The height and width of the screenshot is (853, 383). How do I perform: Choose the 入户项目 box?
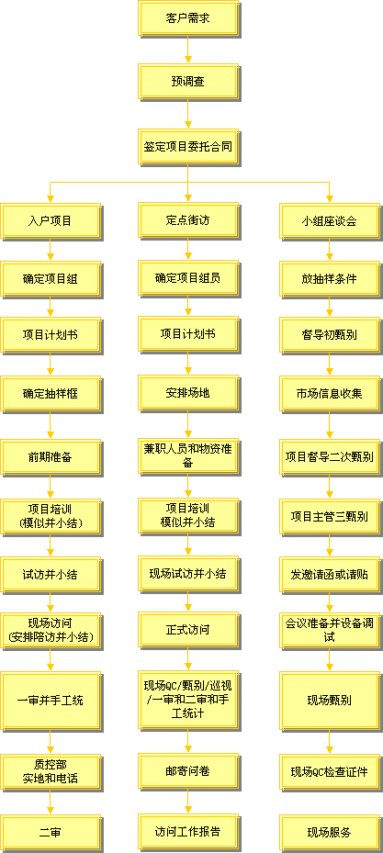point(51,221)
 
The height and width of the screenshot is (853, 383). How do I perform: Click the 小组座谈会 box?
point(329,221)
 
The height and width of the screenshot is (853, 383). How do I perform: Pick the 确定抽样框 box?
point(51,393)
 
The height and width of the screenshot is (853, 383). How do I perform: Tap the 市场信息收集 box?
point(329,393)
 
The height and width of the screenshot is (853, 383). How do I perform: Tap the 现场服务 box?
point(329,832)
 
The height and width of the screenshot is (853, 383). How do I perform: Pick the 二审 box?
point(51,833)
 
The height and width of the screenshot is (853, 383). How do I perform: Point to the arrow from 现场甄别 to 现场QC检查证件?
point(329,742)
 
